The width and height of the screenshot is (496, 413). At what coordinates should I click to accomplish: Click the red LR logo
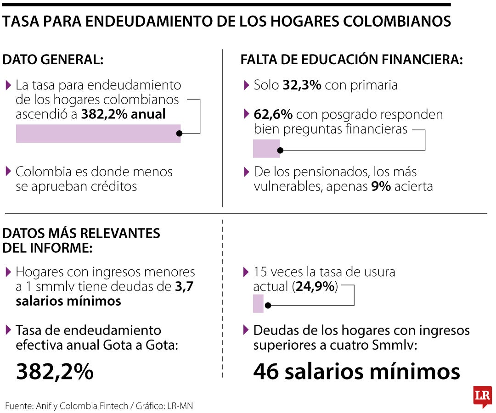[x=482, y=395]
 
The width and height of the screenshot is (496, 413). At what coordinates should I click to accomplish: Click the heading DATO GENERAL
[x=53, y=59]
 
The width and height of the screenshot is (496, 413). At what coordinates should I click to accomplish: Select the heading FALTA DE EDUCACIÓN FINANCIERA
[x=352, y=59]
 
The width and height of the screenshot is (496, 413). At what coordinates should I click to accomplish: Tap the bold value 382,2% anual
[x=123, y=114]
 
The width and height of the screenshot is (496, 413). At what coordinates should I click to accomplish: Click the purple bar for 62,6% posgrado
[x=266, y=149]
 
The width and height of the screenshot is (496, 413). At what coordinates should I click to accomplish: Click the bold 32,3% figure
[x=302, y=85]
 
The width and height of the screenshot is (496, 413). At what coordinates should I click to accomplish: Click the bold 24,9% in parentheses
[x=315, y=287]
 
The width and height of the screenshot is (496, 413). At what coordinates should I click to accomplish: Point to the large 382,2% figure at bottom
[x=55, y=371]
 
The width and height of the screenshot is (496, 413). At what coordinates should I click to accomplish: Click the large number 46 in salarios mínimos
[x=266, y=371]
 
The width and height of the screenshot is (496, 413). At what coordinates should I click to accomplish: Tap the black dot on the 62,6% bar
[x=281, y=150]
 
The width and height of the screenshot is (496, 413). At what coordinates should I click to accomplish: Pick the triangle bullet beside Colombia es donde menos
[x=8, y=172]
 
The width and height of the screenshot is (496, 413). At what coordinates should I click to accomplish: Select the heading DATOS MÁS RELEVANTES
[x=81, y=234]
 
